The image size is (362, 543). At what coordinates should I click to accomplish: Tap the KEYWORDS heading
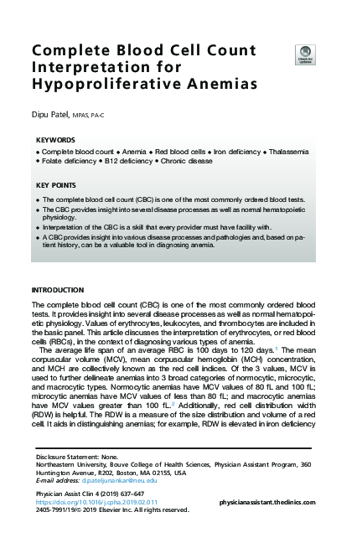[55, 140]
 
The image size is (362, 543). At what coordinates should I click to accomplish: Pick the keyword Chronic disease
[187, 159]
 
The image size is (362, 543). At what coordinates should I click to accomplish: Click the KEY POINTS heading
[57, 184]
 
